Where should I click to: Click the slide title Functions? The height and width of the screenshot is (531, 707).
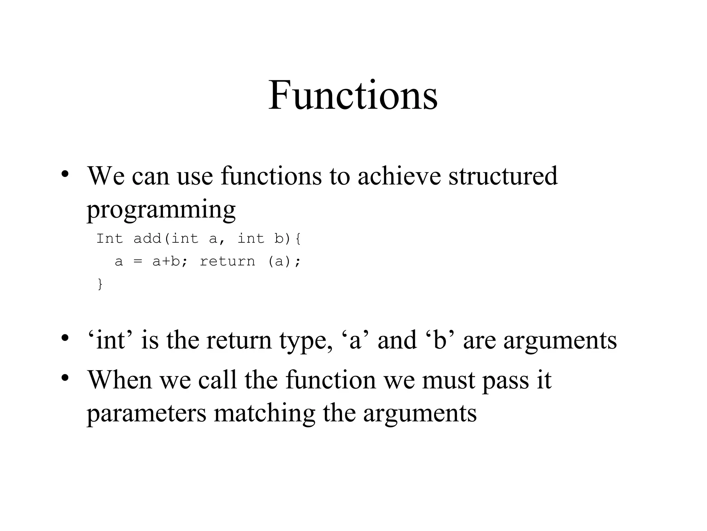click(x=353, y=95)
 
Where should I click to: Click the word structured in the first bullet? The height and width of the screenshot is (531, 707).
click(x=503, y=176)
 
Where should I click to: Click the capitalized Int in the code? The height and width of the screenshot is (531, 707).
click(x=109, y=239)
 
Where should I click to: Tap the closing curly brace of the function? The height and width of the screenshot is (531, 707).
click(x=100, y=284)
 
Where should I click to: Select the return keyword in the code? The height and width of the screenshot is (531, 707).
click(x=227, y=261)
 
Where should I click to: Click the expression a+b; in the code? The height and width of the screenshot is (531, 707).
click(x=171, y=261)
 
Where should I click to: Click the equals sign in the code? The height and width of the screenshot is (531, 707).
click(x=138, y=262)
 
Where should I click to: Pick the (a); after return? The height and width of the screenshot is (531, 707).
click(x=284, y=261)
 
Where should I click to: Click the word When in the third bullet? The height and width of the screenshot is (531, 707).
click(x=119, y=380)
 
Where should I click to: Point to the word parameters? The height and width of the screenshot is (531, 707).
click(x=146, y=413)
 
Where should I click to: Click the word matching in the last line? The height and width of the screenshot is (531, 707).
click(x=264, y=413)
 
